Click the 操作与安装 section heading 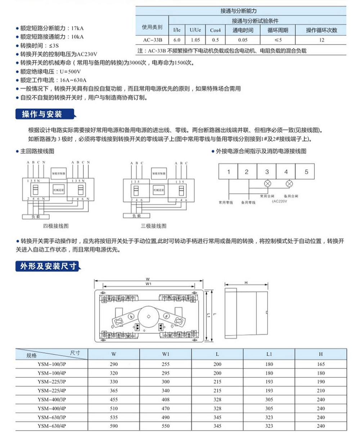42,114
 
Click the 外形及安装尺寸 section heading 49,266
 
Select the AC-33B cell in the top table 152,40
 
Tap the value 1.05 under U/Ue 195,40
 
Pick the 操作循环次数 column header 321,30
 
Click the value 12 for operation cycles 321,40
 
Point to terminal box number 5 306,172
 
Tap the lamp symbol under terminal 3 267,184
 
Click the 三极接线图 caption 154,226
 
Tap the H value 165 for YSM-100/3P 321,364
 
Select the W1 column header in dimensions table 166,354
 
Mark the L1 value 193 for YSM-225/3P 269,382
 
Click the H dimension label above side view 246,283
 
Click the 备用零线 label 248,203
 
